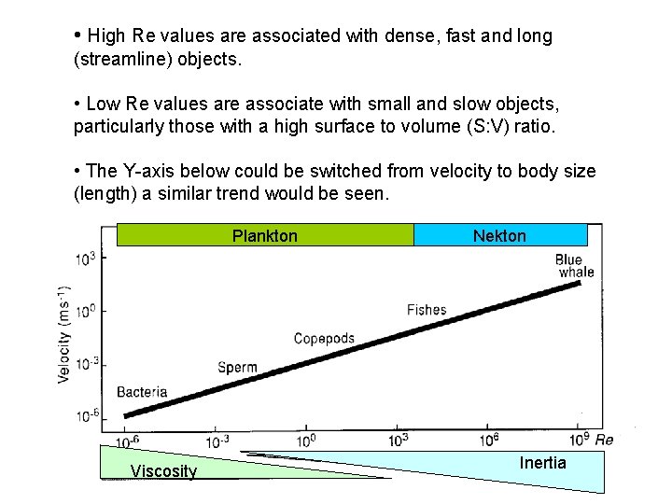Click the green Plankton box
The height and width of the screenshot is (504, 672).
(265, 235)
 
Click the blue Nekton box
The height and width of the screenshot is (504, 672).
(499, 235)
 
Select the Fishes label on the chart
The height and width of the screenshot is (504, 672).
(427, 310)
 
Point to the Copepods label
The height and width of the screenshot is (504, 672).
(324, 339)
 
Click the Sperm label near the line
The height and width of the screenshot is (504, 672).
(237, 367)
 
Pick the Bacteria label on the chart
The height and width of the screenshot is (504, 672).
(142, 392)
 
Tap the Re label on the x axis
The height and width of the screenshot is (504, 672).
(604, 440)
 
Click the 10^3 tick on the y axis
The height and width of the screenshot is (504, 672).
(86, 259)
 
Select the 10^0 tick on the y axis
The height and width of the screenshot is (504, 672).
(86, 311)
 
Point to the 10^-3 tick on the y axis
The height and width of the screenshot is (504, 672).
(86, 364)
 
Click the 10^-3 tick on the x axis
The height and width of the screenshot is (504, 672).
(217, 441)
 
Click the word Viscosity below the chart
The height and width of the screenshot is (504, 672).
(164, 471)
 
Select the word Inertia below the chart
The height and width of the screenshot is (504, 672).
(542, 463)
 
